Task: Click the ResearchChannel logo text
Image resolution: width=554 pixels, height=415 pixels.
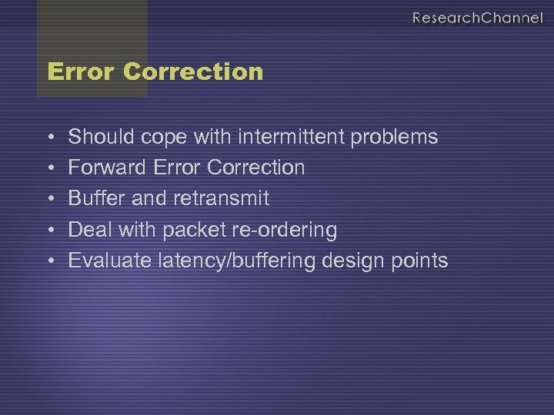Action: pos(477,18)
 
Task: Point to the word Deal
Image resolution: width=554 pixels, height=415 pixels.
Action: pos(87,229)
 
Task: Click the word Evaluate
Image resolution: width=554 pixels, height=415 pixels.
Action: pos(110,261)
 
